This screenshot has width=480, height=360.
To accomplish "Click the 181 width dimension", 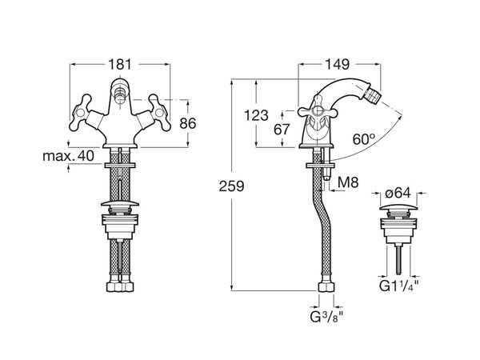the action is (120, 65).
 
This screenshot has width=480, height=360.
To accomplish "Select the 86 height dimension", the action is (188, 124).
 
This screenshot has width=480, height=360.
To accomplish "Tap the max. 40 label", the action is (68, 156).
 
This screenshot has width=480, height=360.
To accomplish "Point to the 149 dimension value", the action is (337, 64).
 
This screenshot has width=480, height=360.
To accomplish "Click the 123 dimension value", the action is (256, 116).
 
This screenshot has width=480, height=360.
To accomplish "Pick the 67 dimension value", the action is (282, 130).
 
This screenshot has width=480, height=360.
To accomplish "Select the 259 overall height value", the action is (231, 186).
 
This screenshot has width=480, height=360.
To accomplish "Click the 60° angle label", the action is (364, 139).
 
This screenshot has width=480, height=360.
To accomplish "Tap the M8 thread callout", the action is (348, 182).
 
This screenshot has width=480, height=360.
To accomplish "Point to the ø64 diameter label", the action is (398, 193).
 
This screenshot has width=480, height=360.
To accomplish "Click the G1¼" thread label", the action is (398, 286).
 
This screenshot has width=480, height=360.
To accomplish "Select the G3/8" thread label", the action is (327, 317).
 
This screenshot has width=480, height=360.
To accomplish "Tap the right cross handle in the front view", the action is (159, 113).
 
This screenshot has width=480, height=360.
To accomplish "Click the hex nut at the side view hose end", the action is (326, 287).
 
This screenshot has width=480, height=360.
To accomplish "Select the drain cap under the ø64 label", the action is (398, 207).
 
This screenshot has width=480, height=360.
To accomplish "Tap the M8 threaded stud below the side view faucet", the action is (326, 173).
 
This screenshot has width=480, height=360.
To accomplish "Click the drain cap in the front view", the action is (120, 203).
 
